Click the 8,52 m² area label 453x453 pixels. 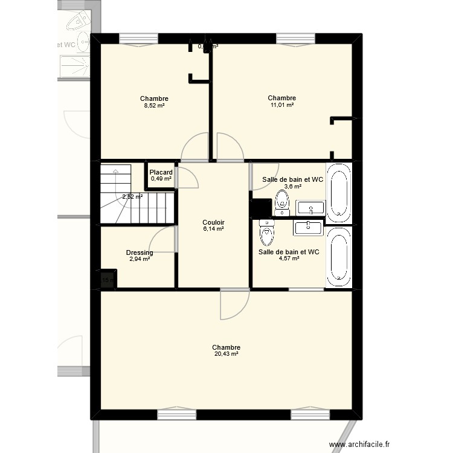tap(154, 106)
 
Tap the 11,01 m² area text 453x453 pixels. tap(282, 105)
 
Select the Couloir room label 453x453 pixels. tap(213, 222)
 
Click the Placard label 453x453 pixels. tap(161, 172)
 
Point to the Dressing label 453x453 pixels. tap(140, 252)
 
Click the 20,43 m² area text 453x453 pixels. tap(226, 355)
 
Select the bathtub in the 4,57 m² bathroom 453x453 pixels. tap(338, 258)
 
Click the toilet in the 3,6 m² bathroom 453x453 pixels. tap(281, 204)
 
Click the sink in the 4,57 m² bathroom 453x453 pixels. tap(309, 227)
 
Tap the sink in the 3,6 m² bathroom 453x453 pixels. tap(310, 208)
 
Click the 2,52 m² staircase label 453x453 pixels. tap(132, 196)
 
